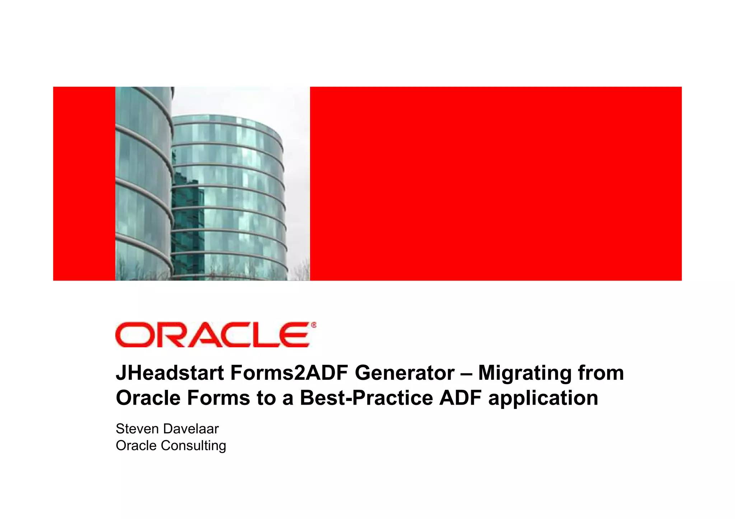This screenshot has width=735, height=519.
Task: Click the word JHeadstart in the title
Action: [170, 373]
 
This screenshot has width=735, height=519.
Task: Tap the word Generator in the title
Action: [405, 373]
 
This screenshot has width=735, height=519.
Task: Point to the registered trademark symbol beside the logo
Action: [314, 325]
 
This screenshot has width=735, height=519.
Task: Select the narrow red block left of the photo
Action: [84, 183]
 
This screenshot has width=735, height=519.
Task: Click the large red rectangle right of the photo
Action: [495, 183]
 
